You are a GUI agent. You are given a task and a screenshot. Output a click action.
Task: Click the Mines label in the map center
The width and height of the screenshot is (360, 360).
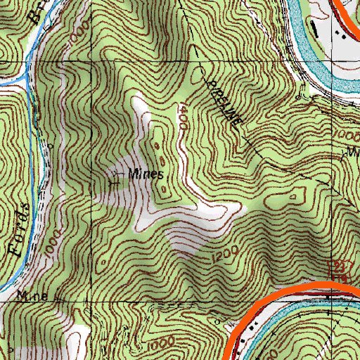click(146, 174)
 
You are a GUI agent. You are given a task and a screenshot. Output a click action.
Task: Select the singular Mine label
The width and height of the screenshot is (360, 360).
click(33, 297)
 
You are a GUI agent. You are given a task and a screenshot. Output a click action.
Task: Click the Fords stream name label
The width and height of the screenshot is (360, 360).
click(20, 229)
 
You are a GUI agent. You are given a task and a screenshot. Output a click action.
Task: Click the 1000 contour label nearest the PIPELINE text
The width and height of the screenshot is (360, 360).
click(345, 134)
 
